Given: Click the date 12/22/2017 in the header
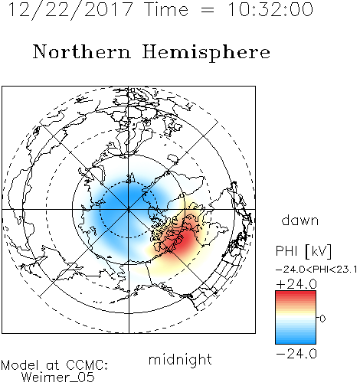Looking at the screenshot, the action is pos(70,9).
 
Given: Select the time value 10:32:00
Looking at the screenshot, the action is pos(270,9).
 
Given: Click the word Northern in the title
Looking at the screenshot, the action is pos(82,52).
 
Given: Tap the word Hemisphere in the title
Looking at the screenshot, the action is pos(206,53).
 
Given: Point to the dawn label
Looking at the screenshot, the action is pos(300,220).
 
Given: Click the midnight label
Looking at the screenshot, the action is pos(180,360).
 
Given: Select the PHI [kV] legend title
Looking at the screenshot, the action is pos(303,251).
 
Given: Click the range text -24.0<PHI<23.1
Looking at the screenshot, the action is pos(316,270).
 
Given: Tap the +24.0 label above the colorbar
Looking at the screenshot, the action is pos(296,284).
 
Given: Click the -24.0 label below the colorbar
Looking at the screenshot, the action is pos(296,354).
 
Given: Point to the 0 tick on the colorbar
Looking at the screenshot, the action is pos(322,319).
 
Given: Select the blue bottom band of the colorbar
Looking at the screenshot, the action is pos(296,339).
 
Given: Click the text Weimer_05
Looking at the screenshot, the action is pos(58,378).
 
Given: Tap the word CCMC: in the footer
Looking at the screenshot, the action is pos(87,365).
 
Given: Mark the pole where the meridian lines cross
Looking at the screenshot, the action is pos(129,209).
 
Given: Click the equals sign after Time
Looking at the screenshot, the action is pos(208,11).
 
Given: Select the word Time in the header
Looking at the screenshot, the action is pos(166,9).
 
